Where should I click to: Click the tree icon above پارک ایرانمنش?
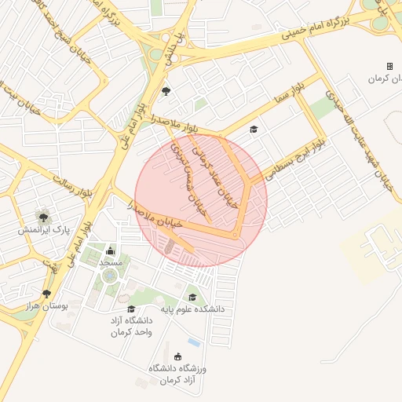43,217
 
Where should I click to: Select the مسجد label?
111,262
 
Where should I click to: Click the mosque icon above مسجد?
110,251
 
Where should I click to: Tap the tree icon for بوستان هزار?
57,294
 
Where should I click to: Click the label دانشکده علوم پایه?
192,309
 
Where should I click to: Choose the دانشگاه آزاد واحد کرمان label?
130,326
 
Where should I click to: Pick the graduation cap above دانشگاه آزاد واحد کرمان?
131,309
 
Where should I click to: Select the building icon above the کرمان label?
389,67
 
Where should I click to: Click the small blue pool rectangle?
194,343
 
